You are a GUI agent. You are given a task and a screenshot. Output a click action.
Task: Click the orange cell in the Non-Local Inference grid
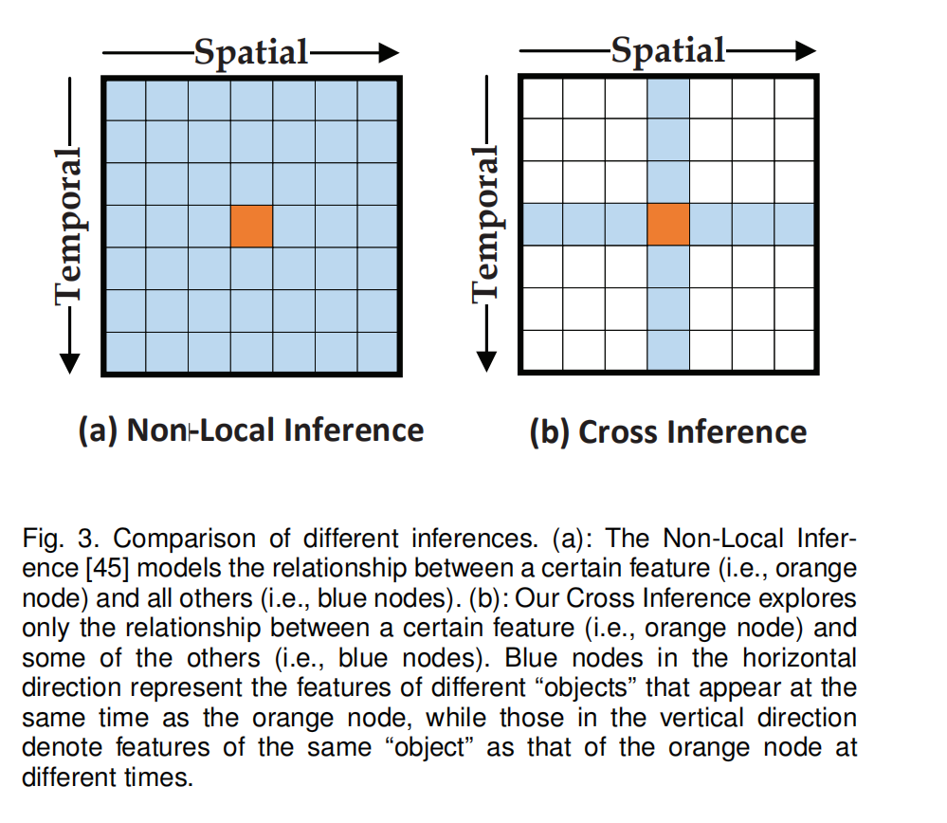[x=251, y=226]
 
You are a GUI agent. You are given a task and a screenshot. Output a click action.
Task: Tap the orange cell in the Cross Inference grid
[x=668, y=226]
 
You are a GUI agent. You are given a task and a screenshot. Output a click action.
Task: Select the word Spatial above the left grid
[x=251, y=51]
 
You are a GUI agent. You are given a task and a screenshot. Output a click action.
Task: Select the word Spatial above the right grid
[x=668, y=49]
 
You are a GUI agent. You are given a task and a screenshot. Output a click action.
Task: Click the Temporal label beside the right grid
[x=485, y=225]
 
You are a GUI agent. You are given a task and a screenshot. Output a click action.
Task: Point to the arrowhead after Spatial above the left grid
[x=386, y=52]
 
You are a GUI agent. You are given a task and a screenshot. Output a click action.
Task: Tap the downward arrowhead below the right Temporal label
[x=486, y=360]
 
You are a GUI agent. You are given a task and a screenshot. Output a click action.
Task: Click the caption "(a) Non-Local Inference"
[x=251, y=430]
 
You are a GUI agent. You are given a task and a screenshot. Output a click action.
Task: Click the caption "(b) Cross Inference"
[x=668, y=432]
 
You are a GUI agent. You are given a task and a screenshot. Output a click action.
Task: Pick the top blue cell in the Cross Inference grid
[x=668, y=99]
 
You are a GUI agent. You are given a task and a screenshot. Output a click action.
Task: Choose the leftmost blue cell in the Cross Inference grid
[x=542, y=226]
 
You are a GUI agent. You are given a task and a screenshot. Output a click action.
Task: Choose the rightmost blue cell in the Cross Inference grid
[x=794, y=226]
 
